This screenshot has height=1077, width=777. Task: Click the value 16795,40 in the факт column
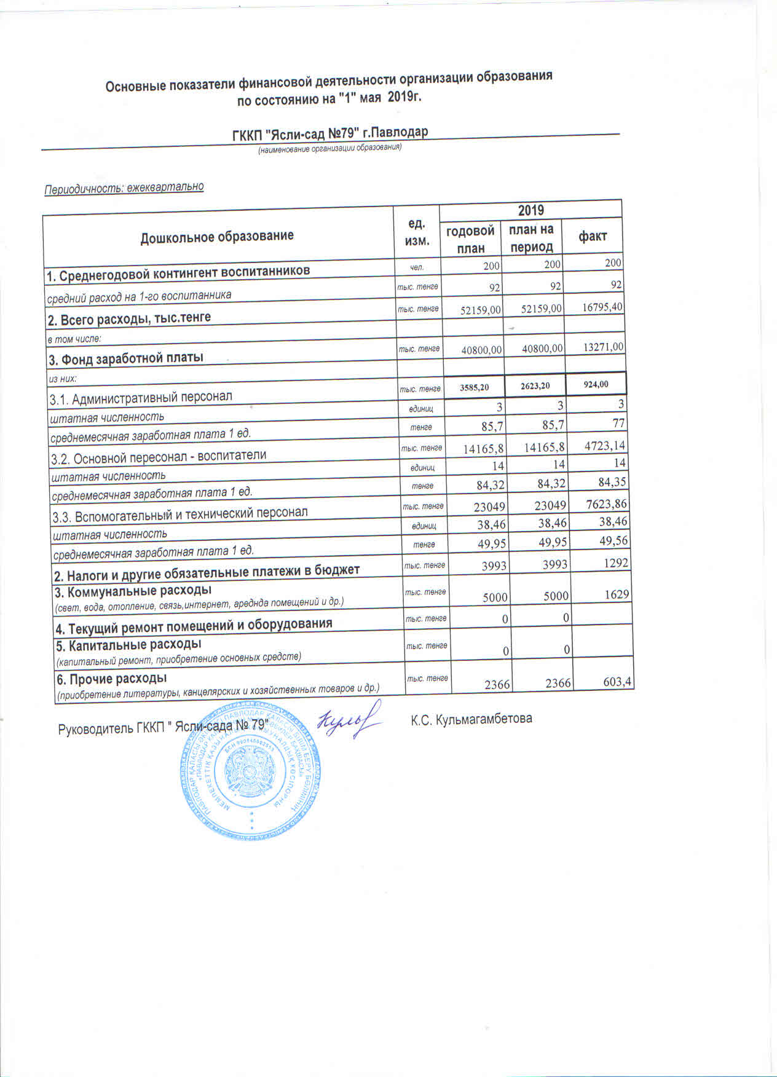[x=602, y=306]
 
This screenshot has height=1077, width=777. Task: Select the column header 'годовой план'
[x=470, y=239]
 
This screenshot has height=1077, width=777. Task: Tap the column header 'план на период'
[x=531, y=238]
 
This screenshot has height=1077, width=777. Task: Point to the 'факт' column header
[x=593, y=235]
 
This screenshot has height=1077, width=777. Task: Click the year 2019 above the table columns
[x=530, y=210]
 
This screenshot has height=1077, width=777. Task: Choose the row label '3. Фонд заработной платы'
[x=126, y=357]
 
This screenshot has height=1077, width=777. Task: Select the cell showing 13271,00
[x=603, y=347]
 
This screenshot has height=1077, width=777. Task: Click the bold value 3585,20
[x=474, y=387]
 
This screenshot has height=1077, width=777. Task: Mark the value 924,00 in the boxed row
[x=596, y=384]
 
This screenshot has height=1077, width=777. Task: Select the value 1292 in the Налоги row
[x=615, y=562]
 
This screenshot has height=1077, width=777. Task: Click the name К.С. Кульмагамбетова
[x=471, y=719]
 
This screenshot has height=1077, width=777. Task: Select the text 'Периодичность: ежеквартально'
[x=124, y=187]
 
